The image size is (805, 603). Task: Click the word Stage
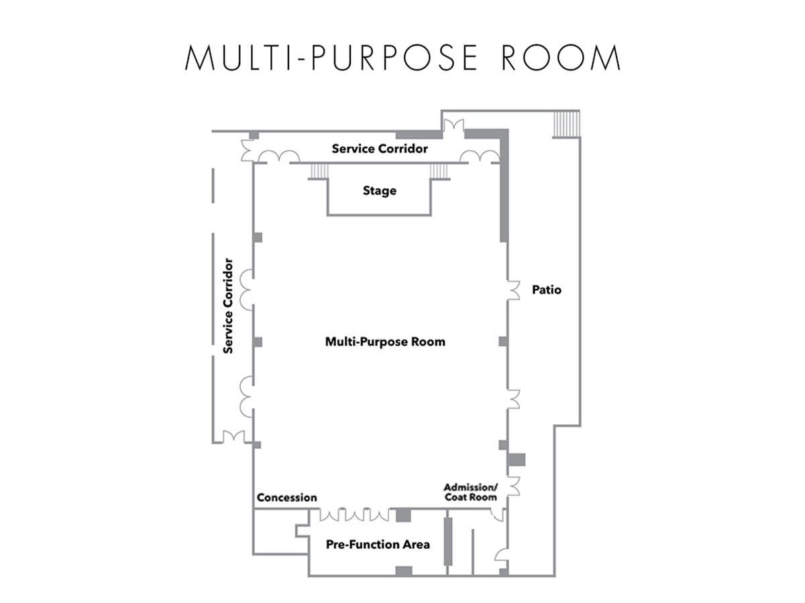coord(379,191)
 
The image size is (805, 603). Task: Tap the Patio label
coord(546,290)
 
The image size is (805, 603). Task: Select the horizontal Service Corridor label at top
coord(379,149)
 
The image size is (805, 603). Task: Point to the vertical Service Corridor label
coord(229,306)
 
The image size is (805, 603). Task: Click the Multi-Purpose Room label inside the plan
coord(385,342)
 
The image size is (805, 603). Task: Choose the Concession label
coord(287,498)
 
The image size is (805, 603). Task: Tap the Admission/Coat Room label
coord(470,492)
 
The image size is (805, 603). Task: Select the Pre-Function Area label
coord(378,544)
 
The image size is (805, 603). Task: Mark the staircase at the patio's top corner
coord(566,125)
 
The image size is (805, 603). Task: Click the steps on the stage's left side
coord(318,172)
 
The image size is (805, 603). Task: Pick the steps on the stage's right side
coord(439,172)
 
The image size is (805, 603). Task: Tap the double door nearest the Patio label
coord(513,289)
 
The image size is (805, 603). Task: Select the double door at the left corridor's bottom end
coord(233,437)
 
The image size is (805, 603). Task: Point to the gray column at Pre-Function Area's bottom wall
coord(403,571)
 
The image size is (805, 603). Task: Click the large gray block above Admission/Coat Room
coord(516,460)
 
